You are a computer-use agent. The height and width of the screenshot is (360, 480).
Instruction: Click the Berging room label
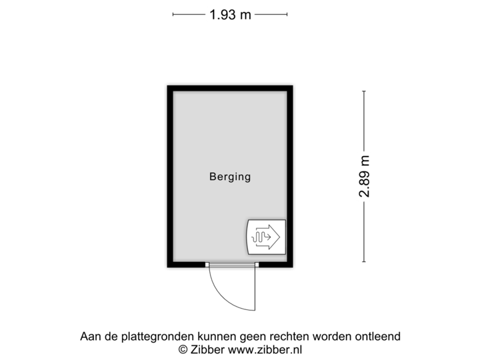click(x=230, y=177)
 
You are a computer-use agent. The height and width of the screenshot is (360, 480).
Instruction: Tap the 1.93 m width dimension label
click(x=230, y=14)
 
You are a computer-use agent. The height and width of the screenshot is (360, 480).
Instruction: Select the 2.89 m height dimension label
click(x=365, y=177)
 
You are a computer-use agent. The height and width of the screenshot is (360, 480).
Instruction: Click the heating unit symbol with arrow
click(x=266, y=237)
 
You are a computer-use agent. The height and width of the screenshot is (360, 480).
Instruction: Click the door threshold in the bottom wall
click(x=231, y=265)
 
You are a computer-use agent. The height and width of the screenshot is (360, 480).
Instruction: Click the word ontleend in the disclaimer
click(x=378, y=337)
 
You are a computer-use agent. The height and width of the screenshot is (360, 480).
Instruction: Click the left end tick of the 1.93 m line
click(x=173, y=14)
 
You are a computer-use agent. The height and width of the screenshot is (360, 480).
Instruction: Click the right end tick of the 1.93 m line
click(x=287, y=14)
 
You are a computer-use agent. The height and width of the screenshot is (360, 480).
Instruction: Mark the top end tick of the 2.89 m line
click(x=364, y=91)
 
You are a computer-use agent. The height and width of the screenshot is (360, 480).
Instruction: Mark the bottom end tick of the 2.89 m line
click(x=364, y=262)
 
